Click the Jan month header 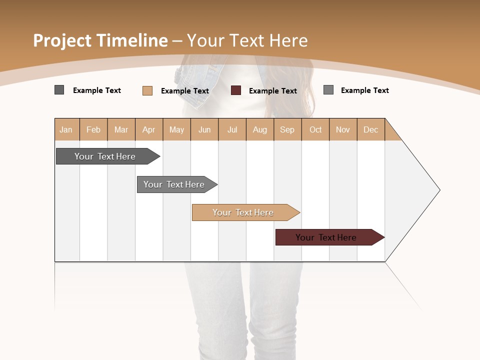click(66, 129)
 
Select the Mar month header click(121, 129)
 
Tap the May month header click(176, 129)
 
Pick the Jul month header click(232, 129)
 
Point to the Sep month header click(287, 129)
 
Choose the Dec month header click(370, 129)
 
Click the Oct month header click(315, 129)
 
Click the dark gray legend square click(59, 90)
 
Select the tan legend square click(147, 90)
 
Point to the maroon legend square click(236, 90)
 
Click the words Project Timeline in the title click(100, 40)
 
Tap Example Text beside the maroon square click(272, 91)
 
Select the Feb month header click(93, 129)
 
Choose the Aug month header click(259, 129)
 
